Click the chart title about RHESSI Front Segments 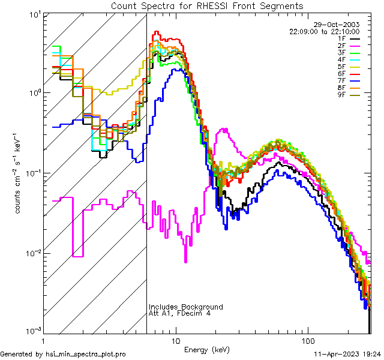pos(207,5)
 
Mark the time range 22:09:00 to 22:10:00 pos(325,32)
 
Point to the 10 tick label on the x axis pos(175,340)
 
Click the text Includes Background pos(186,307)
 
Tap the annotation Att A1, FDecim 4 pos(179,314)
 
